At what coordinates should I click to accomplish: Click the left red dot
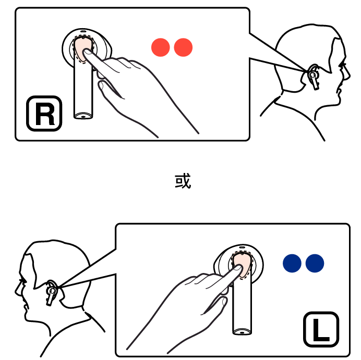click(161, 47)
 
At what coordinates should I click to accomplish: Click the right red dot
click(183, 47)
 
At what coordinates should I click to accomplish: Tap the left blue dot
click(292, 263)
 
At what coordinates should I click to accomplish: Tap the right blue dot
click(315, 263)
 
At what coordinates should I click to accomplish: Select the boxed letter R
click(44, 114)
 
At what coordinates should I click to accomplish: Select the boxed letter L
click(321, 329)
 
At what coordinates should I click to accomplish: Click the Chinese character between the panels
click(183, 181)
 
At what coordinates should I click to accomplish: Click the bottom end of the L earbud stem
click(242, 332)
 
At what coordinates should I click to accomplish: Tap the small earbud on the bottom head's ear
click(51, 293)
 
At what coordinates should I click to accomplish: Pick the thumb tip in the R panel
click(101, 85)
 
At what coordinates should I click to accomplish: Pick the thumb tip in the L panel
click(224, 301)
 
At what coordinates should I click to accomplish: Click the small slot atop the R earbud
click(83, 31)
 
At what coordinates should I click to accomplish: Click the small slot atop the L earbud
click(242, 247)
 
